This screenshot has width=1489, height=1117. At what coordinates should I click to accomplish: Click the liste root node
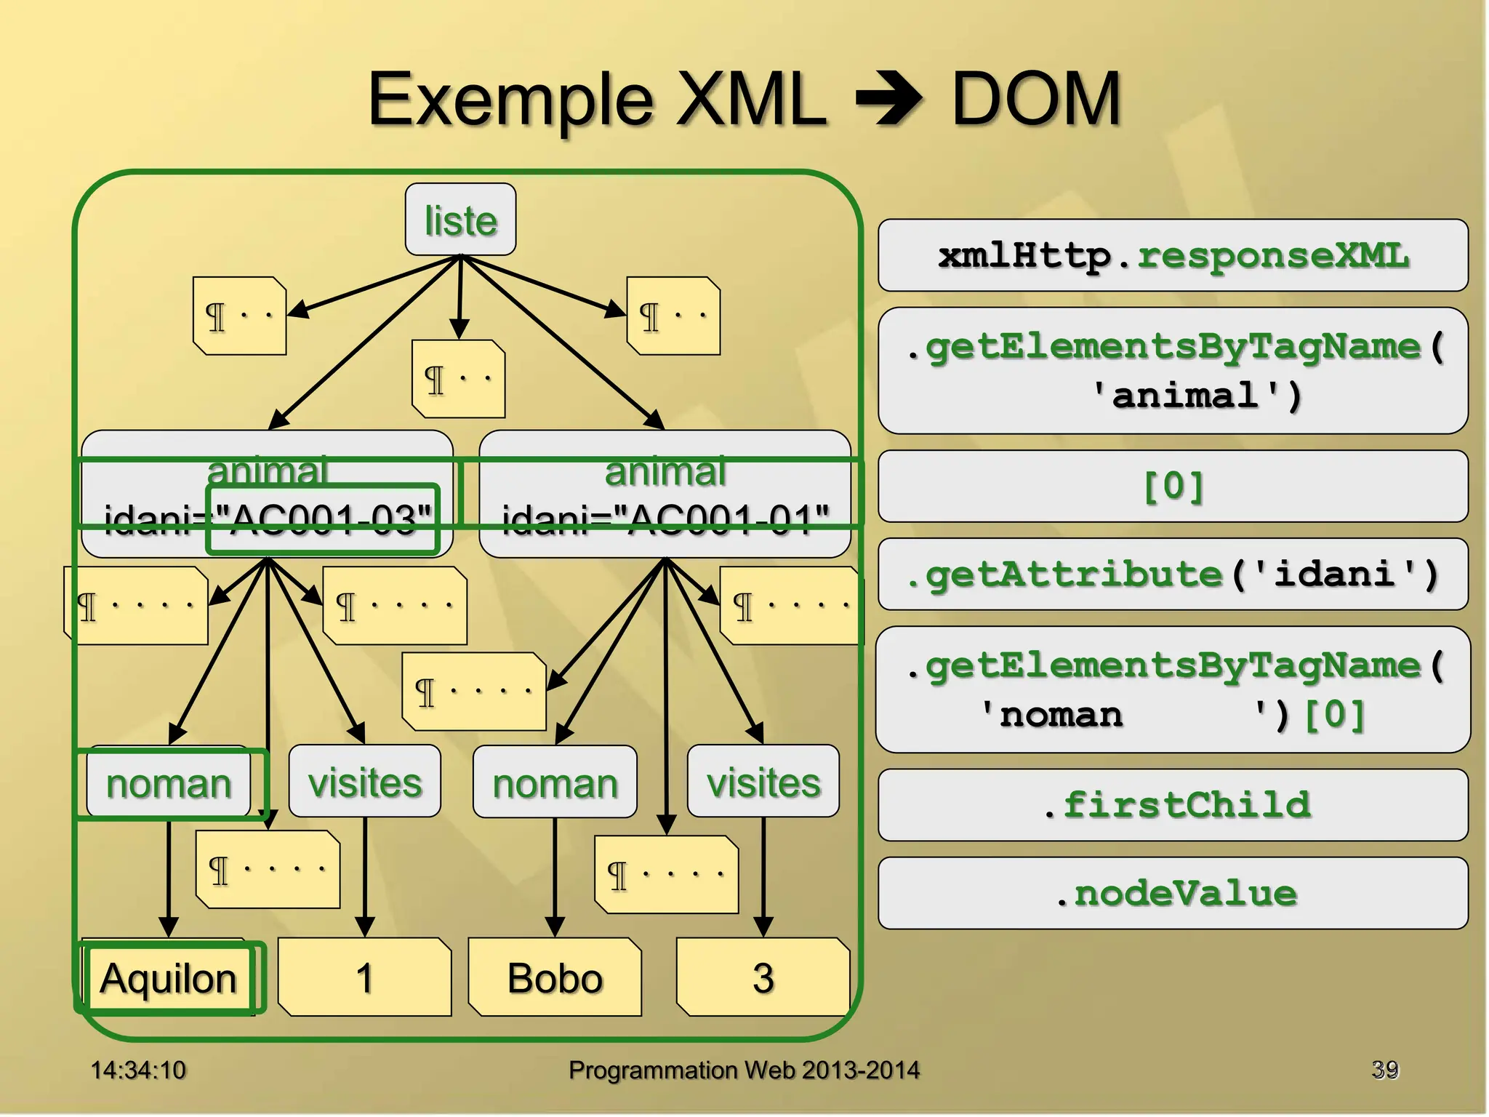(460, 220)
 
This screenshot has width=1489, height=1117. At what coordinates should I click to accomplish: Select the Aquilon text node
(169, 977)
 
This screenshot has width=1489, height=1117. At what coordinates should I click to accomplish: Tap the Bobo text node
(555, 977)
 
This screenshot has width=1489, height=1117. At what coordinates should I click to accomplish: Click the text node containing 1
(364, 977)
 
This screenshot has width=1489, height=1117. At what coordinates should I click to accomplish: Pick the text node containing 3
(763, 977)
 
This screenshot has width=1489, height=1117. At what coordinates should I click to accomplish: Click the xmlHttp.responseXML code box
(1173, 255)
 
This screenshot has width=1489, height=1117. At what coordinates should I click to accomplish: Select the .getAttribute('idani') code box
(1173, 574)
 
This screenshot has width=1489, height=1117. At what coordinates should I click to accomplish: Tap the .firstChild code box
(1173, 805)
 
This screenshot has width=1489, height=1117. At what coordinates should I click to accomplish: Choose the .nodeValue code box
(1173, 893)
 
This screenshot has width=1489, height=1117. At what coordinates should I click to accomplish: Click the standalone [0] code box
(1173, 486)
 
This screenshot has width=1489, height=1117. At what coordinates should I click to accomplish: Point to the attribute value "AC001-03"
(324, 519)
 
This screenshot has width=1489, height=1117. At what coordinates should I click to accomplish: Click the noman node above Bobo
(555, 783)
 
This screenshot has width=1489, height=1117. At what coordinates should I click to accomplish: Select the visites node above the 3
(763, 782)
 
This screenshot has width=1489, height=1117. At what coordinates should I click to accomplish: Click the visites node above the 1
(364, 782)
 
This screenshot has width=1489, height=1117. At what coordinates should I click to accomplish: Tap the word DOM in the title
(1036, 99)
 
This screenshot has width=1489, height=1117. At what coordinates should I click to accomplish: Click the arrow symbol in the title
(888, 99)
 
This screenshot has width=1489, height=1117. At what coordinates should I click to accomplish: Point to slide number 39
(1384, 1069)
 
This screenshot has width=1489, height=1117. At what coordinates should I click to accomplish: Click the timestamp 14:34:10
(138, 1070)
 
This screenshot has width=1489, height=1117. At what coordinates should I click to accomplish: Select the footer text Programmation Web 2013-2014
(744, 1070)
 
